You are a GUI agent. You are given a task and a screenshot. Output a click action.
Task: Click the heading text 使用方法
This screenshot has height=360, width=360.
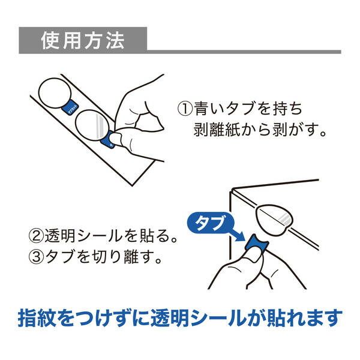(x=83, y=41)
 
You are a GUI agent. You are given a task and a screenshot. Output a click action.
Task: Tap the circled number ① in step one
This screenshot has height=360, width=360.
(x=185, y=109)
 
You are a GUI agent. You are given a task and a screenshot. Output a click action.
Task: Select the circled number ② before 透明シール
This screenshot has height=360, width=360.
(x=36, y=236)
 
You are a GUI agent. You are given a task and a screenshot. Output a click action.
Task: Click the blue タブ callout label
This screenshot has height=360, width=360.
(x=209, y=223)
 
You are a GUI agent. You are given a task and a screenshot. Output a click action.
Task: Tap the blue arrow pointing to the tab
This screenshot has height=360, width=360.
(x=236, y=234)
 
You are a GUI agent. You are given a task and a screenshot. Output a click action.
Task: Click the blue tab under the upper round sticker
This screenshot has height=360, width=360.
(x=70, y=108)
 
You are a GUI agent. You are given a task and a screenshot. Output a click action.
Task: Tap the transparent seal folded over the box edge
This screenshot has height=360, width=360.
(x=274, y=219)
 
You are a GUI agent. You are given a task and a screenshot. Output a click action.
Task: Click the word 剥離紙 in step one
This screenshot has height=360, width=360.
(x=216, y=129)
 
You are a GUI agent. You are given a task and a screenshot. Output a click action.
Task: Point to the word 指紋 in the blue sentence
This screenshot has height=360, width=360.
(x=37, y=318)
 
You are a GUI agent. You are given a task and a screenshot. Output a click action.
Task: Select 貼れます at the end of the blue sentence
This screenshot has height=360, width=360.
(x=305, y=318)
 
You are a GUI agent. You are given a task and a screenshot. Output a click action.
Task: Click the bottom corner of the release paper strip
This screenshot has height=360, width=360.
(x=132, y=185)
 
